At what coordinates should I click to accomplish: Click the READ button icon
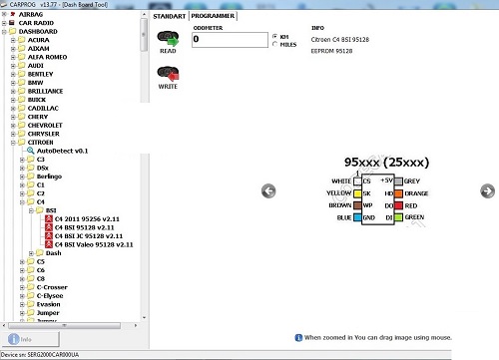click(169, 40)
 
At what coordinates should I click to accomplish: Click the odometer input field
click(228, 39)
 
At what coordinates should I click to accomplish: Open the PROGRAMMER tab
click(213, 17)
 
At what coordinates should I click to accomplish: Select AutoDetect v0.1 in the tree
click(62, 150)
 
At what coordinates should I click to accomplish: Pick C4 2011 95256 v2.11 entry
click(88, 218)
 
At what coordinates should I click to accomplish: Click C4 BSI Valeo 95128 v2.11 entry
click(95, 243)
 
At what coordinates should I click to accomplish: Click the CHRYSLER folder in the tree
click(43, 133)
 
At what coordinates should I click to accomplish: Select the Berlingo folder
click(51, 176)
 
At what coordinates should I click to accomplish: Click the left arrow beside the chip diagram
click(268, 190)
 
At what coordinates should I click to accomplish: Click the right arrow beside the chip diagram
click(487, 190)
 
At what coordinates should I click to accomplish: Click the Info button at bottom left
click(23, 339)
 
